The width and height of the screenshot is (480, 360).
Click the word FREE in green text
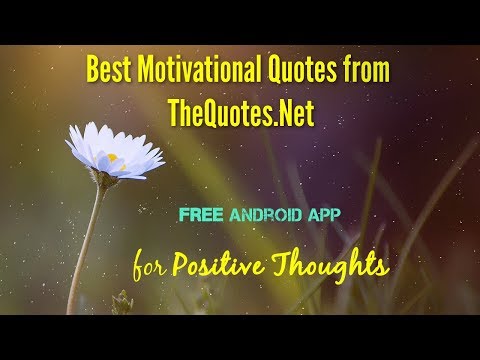(201, 214)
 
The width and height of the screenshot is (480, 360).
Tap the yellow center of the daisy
(113, 157)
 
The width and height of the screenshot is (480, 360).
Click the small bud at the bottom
(123, 302)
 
